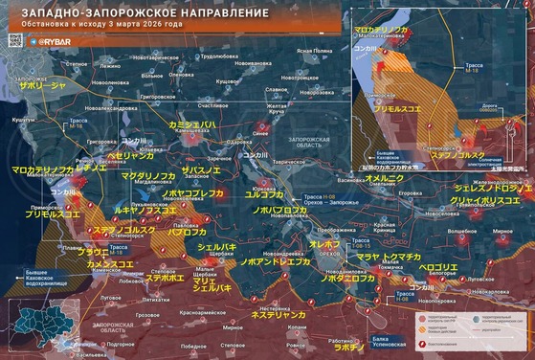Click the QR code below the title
pyautogui.click(x=13, y=42)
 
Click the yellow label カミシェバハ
pyautogui.click(x=191, y=125)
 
